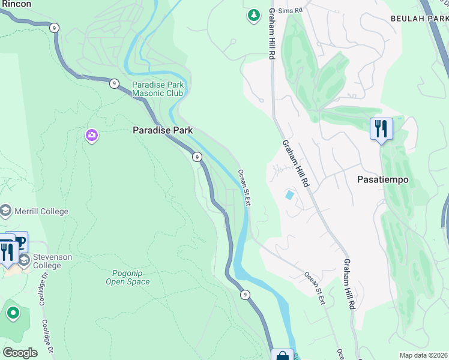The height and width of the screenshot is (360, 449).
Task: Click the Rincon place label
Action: click(x=16, y=4)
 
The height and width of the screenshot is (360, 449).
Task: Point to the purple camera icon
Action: click(x=91, y=136)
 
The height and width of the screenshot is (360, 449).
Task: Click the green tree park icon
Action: click(x=254, y=15)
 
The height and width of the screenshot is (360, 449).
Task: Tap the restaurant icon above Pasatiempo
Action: click(x=381, y=128)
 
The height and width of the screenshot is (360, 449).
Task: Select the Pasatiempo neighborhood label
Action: click(x=382, y=179)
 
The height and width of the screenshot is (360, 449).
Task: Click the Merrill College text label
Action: click(x=42, y=211)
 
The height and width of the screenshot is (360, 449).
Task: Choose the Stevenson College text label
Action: click(x=52, y=261)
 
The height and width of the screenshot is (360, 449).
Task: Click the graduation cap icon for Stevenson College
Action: click(x=25, y=260)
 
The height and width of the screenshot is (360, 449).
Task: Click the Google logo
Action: click(x=20, y=353)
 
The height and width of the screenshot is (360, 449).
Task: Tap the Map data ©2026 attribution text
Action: click(x=423, y=355)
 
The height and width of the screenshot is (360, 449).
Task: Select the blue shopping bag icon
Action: click(x=282, y=356)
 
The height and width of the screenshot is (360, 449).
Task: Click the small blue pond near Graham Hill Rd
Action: click(x=291, y=195)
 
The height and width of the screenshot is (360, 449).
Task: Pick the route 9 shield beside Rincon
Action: click(x=55, y=28)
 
